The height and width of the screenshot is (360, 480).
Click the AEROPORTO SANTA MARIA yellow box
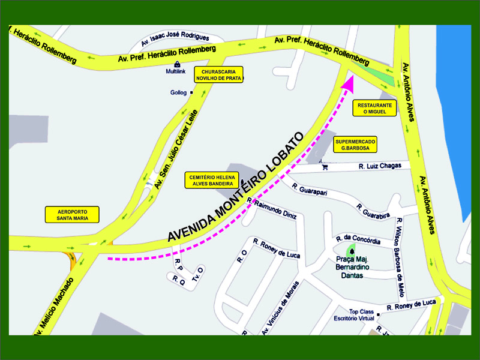[73, 215]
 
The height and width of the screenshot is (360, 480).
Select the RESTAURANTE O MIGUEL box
[375, 108]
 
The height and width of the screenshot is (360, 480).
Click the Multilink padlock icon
[177, 64]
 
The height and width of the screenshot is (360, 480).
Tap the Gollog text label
[178, 93]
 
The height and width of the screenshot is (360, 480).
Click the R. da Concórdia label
[358, 240]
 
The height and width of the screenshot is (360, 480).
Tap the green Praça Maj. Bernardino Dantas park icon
[351, 250]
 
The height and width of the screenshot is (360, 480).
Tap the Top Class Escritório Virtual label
[353, 315]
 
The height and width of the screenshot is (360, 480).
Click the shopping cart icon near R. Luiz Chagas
[325, 167]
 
